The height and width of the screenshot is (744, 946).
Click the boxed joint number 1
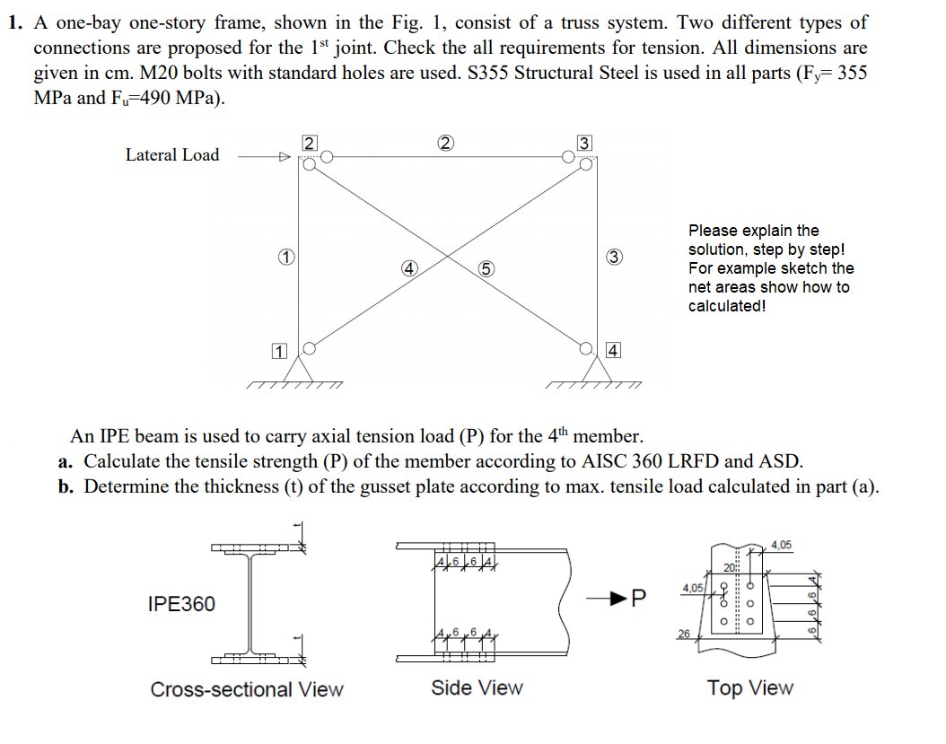click(x=278, y=351)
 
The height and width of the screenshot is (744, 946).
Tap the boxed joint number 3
click(x=584, y=143)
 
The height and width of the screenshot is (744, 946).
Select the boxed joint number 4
click(x=613, y=350)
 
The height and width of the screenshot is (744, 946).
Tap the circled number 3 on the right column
click(x=615, y=258)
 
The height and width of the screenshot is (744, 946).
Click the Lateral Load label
click(x=172, y=155)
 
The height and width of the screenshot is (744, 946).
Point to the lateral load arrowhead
click(x=285, y=155)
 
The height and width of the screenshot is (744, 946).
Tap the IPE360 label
click(x=180, y=604)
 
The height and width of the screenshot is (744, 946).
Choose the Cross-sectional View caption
click(x=247, y=689)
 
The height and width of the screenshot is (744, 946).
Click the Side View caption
click(x=477, y=688)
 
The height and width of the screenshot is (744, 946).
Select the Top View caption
click(x=749, y=688)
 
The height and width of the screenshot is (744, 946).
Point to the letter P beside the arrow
click(x=639, y=597)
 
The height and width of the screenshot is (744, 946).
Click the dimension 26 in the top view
click(x=684, y=635)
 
